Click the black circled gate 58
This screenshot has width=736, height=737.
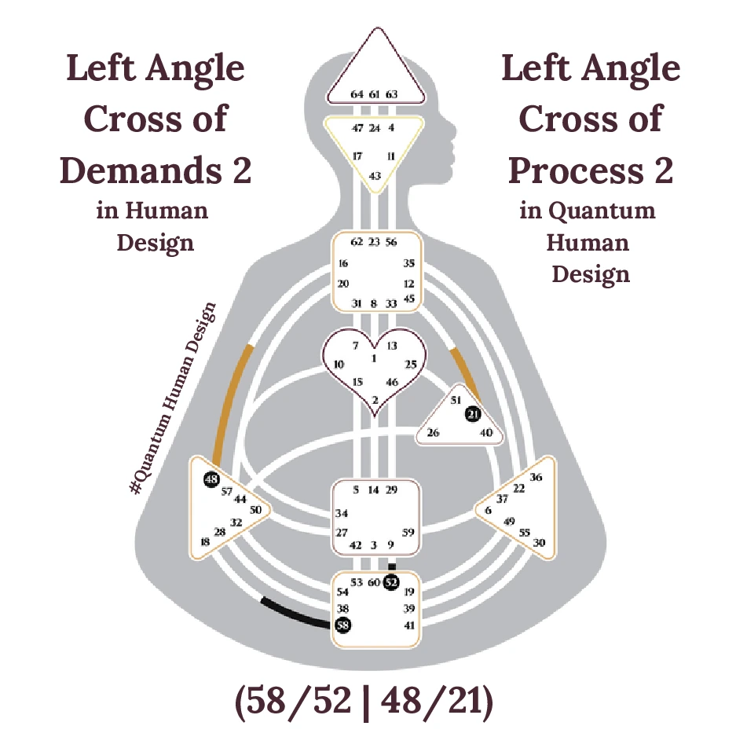click(343, 625)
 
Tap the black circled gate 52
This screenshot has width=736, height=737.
click(392, 582)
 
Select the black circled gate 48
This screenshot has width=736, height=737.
click(211, 479)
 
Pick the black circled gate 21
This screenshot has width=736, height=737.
click(472, 414)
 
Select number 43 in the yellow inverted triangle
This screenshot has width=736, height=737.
click(375, 175)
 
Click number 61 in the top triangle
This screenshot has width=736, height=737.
click(375, 94)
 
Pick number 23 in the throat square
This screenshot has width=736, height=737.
click(375, 242)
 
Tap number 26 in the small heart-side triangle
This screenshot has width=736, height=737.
click(433, 433)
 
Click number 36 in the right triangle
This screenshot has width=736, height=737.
click(536, 477)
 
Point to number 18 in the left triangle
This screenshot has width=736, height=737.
click(206, 541)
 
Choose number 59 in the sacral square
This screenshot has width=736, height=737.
click(408, 532)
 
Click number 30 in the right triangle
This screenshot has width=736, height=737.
click(539, 543)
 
